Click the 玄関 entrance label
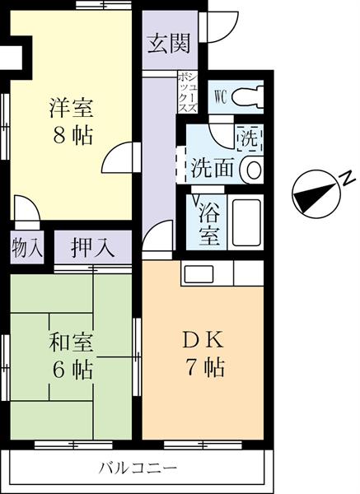[x=168, y=44]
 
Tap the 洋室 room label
[x=72, y=107]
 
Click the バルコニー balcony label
[x=138, y=468]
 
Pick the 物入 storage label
[x=26, y=245]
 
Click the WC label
[x=220, y=95]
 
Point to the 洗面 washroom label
[x=213, y=169]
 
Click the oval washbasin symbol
[x=253, y=170]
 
